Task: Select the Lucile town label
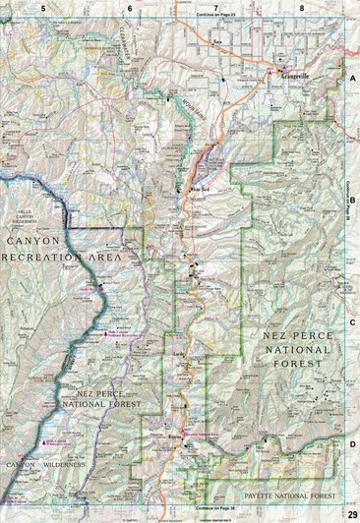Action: pyautogui.click(x=179, y=352)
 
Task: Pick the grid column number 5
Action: pyautogui.click(x=43, y=7)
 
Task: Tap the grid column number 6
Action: pyautogui.click(x=129, y=7)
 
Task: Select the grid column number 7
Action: pyautogui.click(x=215, y=7)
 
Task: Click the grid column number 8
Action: pyautogui.click(x=302, y=7)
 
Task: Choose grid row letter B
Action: pyautogui.click(x=352, y=199)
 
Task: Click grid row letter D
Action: pyautogui.click(x=352, y=443)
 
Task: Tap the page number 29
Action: pyautogui.click(x=352, y=515)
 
